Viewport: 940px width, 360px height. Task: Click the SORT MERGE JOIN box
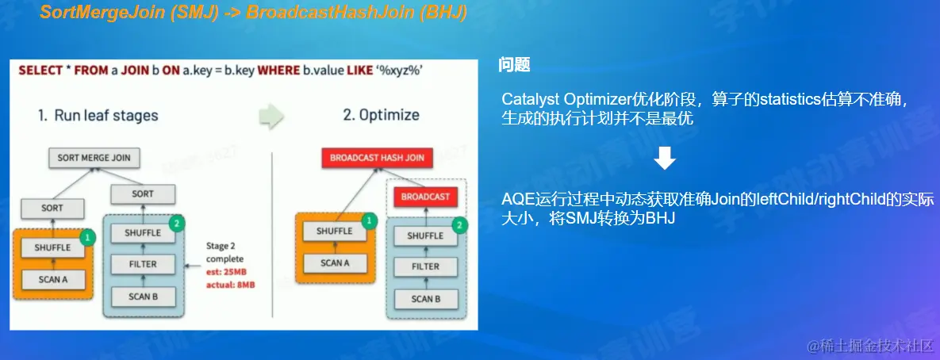tap(94, 158)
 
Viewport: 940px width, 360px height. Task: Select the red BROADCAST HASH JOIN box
tap(377, 158)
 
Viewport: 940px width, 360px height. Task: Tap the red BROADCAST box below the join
tap(425, 197)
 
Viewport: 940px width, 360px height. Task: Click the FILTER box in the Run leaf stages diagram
tap(143, 263)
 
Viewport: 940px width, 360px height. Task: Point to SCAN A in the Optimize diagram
tap(335, 262)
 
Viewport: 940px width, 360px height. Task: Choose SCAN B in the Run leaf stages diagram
tap(143, 297)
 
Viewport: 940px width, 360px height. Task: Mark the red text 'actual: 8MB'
tap(231, 285)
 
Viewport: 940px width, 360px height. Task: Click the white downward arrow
tap(665, 159)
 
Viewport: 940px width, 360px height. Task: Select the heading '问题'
tap(514, 65)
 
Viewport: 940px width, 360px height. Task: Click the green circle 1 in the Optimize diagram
tap(370, 221)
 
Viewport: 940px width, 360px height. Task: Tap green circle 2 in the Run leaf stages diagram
tap(177, 224)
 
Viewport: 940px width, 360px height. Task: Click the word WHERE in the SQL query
tap(280, 71)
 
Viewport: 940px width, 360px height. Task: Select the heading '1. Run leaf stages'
tap(98, 115)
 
